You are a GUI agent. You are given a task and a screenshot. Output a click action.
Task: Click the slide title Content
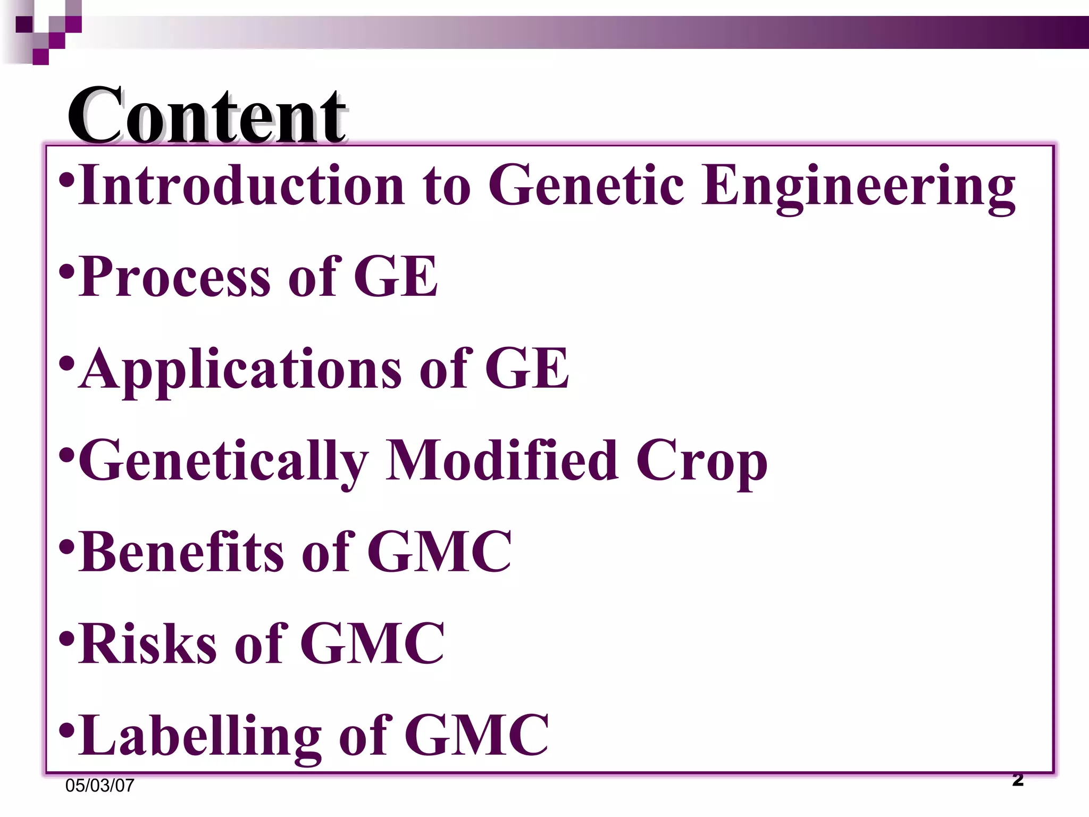click(x=207, y=115)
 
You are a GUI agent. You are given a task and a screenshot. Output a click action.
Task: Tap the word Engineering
click(x=858, y=186)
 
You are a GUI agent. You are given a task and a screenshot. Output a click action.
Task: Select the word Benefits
click(x=181, y=552)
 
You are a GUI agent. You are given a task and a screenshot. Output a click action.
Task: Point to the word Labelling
click(x=199, y=736)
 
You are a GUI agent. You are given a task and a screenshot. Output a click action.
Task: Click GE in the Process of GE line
click(x=396, y=277)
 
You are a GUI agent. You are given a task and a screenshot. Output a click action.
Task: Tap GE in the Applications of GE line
click(x=527, y=368)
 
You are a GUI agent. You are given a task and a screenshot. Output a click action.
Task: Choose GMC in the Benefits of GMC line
click(x=439, y=552)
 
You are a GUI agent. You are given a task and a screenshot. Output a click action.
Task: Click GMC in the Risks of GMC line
click(x=372, y=644)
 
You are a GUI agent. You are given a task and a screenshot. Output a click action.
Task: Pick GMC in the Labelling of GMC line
click(x=476, y=735)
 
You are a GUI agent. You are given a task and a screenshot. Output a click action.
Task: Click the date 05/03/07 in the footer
click(x=100, y=786)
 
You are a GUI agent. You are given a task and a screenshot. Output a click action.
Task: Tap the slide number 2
click(x=1018, y=780)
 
